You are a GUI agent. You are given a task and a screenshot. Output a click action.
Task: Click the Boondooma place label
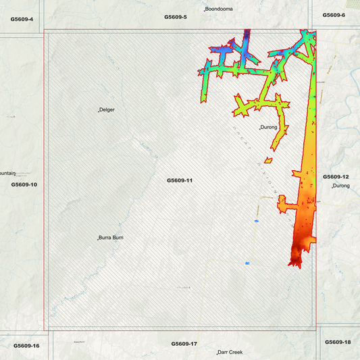(219, 9)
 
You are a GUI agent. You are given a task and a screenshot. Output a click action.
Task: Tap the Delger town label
(107, 109)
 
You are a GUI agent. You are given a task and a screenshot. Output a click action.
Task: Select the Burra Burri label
(111, 238)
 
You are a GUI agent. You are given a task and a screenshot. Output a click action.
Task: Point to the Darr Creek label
(230, 352)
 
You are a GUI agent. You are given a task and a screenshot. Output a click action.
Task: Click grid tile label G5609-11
(180, 180)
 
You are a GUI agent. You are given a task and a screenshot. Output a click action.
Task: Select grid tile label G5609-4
(22, 18)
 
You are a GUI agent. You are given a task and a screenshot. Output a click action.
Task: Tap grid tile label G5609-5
(176, 16)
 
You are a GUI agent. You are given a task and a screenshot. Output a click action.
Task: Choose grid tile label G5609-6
(334, 15)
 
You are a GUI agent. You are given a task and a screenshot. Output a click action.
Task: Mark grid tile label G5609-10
(24, 184)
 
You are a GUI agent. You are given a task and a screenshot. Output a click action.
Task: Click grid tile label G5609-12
(336, 176)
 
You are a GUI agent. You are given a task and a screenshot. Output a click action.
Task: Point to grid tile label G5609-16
(26, 346)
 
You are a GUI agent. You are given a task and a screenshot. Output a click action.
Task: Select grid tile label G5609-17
(184, 344)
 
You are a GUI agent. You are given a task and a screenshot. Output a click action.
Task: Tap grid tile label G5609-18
(338, 342)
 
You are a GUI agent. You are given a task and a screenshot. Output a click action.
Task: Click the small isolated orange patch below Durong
(268, 160)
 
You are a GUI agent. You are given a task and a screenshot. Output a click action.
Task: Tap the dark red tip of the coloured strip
(295, 260)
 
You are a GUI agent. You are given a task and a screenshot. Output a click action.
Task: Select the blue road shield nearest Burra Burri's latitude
(248, 262)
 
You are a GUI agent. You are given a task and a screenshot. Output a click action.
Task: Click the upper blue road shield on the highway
(257, 221)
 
